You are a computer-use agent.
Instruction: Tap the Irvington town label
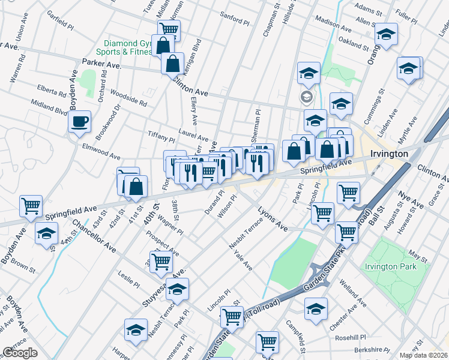pyautogui.click(x=390, y=154)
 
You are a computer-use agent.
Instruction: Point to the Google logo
pyautogui.click(x=19, y=352)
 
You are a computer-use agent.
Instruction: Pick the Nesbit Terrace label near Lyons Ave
pyautogui.click(x=246, y=235)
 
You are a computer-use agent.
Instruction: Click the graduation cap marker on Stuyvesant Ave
pyautogui.click(x=177, y=290)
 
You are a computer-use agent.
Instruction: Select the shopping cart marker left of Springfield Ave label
pyautogui.click(x=31, y=206)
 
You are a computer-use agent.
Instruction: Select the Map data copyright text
pyautogui.click(x=424, y=355)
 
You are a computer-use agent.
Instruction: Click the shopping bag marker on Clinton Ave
pyautogui.click(x=172, y=63)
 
